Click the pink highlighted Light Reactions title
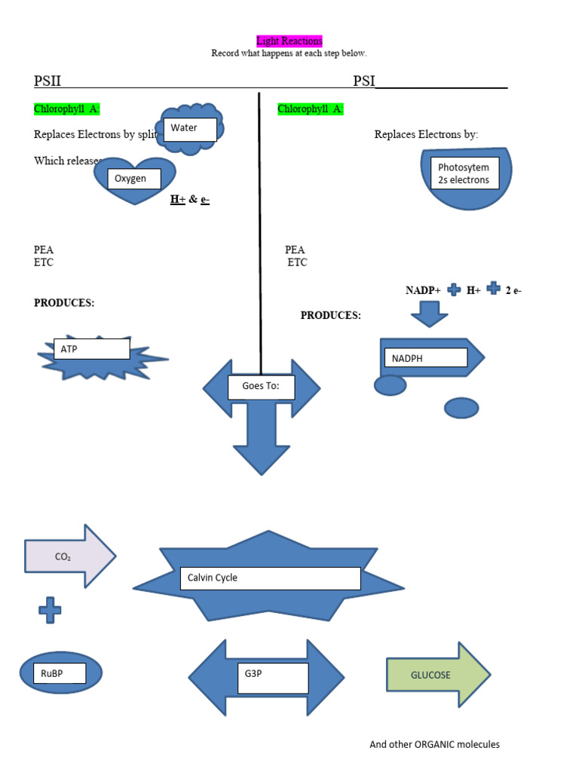[289, 41]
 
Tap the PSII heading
[47, 81]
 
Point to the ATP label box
[91, 350]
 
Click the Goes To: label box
[261, 387]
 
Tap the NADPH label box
[425, 358]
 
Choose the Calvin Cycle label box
[270, 578]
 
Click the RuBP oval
[60, 673]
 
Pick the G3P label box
[274, 678]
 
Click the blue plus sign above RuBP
[51, 610]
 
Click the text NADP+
[423, 290]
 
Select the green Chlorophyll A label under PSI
[311, 109]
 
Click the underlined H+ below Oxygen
[178, 200]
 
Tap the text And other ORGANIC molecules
[434, 745]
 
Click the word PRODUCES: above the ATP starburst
[64, 303]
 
